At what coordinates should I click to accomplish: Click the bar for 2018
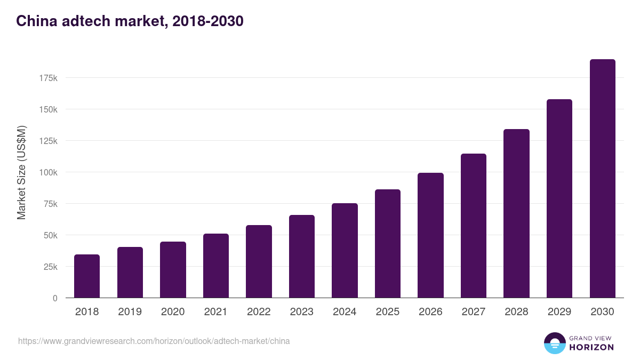(x=87, y=276)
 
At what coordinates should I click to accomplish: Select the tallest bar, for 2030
(x=602, y=179)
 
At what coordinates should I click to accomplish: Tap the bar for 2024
(x=345, y=251)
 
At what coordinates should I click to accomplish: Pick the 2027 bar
(x=474, y=226)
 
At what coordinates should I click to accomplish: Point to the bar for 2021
(x=216, y=266)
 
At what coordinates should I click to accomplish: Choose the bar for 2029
(x=559, y=198)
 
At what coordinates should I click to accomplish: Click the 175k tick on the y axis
(x=48, y=78)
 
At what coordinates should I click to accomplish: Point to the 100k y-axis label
(x=48, y=172)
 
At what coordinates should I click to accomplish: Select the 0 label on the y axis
(x=54, y=298)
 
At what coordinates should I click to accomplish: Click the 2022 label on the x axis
(x=259, y=312)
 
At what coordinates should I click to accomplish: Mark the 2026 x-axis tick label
(x=430, y=312)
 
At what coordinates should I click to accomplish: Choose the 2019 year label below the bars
(x=130, y=312)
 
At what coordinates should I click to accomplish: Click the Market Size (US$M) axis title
(x=21, y=172)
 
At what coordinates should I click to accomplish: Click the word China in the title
(x=35, y=21)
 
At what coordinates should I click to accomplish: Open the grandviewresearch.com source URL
(x=154, y=341)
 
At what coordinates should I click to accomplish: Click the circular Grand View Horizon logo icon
(x=555, y=343)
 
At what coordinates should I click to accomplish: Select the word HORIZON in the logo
(x=591, y=347)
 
